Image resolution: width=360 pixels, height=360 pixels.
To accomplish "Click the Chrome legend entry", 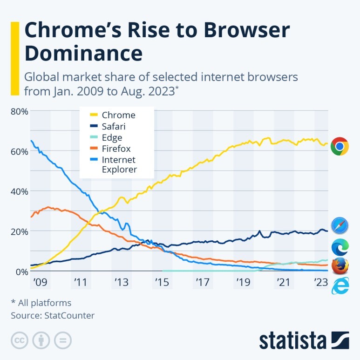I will click(x=118, y=115).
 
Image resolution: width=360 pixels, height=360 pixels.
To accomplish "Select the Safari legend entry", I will click(x=114, y=126).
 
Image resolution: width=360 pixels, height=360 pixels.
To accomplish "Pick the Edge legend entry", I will click(x=112, y=137).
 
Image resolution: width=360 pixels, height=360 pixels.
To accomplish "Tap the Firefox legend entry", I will click(x=116, y=149).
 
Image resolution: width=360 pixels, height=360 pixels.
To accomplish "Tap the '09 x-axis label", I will click(x=41, y=282).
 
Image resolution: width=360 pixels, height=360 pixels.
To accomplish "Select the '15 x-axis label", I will click(x=162, y=282).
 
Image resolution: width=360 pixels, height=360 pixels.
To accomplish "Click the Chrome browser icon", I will click(x=340, y=146).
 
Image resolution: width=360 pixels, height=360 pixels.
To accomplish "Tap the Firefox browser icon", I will click(x=340, y=266).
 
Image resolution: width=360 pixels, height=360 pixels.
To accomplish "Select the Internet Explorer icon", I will click(x=340, y=285).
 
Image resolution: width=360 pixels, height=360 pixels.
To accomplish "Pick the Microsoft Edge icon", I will click(x=340, y=246).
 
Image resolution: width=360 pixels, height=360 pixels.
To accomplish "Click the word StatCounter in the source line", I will click(x=69, y=315).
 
